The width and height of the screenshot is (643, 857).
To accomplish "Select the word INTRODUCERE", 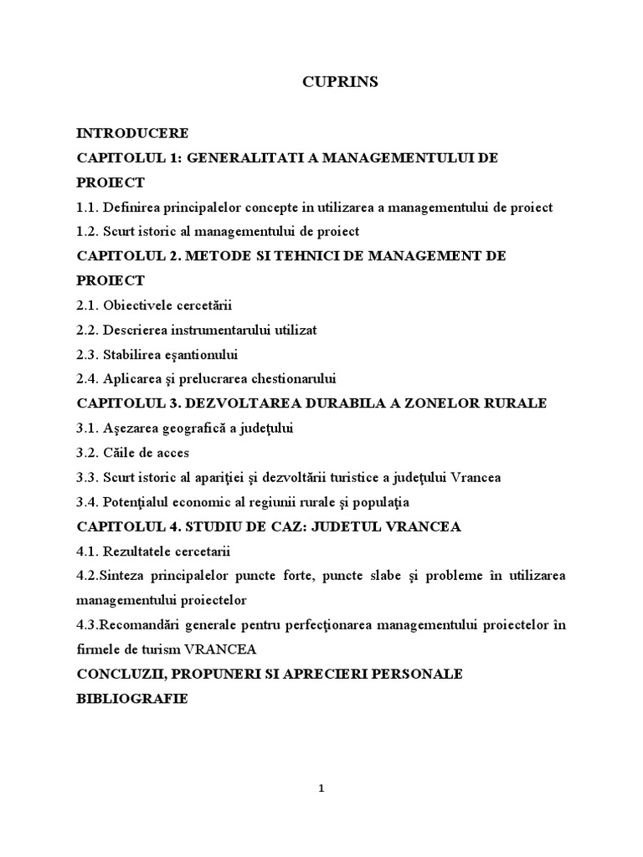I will pos(132,133).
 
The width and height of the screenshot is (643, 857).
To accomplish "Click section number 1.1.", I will pos(87,207).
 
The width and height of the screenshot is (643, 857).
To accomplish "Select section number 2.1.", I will pos(87,305).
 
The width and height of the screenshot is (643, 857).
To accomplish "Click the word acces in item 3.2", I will pos(172,452).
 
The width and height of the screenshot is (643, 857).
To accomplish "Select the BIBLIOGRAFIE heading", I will pos(131,698).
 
